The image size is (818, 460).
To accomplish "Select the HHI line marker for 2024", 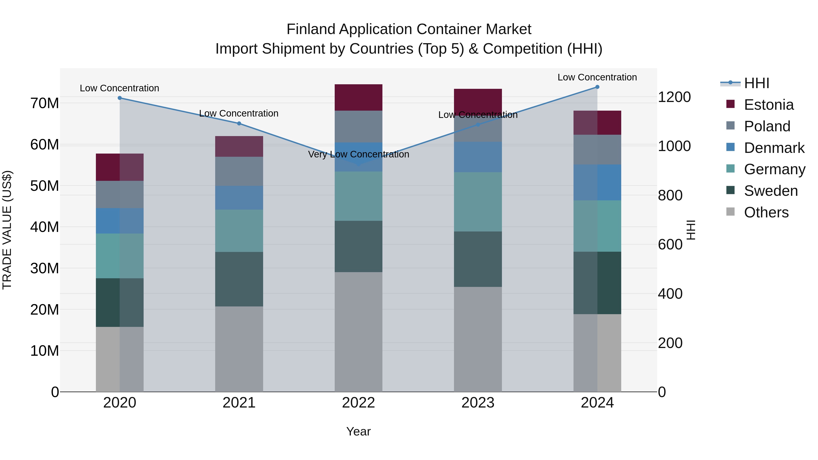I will (x=597, y=87).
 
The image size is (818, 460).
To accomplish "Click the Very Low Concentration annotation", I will (x=359, y=154).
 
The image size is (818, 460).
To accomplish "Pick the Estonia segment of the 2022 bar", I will (x=359, y=97).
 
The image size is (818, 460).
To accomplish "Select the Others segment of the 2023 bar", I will (x=478, y=339).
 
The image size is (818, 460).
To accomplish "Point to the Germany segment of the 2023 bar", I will (x=478, y=202).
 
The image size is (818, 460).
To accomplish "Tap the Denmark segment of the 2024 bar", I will (x=597, y=183).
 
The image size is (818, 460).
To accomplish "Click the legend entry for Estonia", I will (x=768, y=105).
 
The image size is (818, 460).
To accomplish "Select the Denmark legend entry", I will (x=774, y=148).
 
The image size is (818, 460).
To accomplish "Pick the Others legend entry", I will (x=766, y=212).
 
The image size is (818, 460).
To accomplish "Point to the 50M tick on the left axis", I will (x=45, y=186).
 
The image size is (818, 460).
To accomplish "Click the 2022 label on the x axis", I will (x=359, y=403).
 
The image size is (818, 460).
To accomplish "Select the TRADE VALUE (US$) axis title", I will (x=7, y=230).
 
